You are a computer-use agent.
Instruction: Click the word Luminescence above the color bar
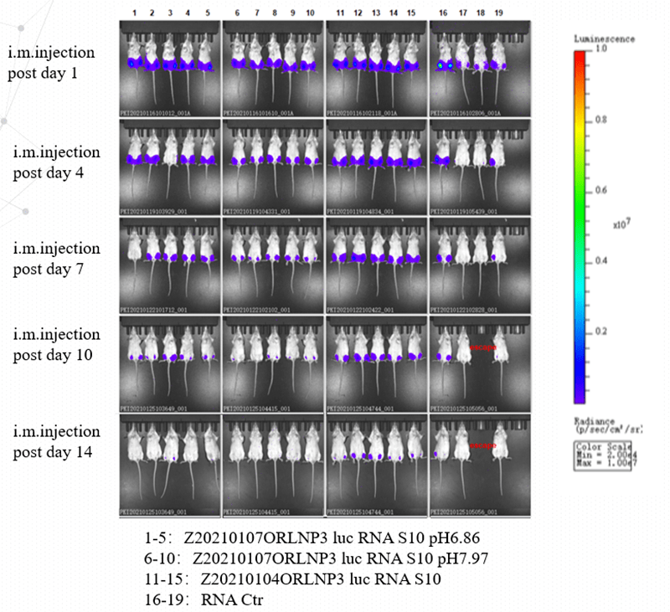pyautogui.click(x=604, y=39)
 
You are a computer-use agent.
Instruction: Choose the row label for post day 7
pyautogui.click(x=56, y=259)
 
